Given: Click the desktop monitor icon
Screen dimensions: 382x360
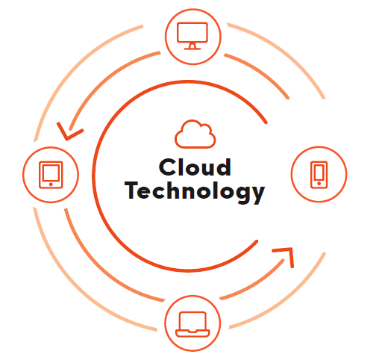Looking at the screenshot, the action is click(x=192, y=36).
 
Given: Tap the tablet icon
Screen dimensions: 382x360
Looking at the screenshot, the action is click(x=51, y=175).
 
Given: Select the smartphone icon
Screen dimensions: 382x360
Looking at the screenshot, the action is click(x=319, y=175).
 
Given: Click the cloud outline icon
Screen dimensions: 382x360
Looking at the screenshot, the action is click(x=195, y=134).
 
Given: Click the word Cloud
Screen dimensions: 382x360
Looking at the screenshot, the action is click(x=195, y=167).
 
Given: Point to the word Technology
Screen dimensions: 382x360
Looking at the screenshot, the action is click(x=195, y=191).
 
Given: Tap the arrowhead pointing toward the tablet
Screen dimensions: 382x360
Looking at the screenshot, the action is click(x=69, y=131).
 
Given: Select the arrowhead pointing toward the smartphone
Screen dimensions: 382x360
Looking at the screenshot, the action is click(x=285, y=256).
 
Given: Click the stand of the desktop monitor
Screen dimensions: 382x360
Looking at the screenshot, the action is click(x=192, y=46).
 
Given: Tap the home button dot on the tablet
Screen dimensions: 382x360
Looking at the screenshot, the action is click(x=51, y=184).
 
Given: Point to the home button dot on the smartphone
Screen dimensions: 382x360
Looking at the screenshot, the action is click(x=319, y=184).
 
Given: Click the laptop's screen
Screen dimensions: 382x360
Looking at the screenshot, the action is click(x=192, y=320).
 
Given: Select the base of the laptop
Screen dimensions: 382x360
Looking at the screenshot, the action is click(x=192, y=333).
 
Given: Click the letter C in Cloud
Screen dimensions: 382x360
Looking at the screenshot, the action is click(x=167, y=167).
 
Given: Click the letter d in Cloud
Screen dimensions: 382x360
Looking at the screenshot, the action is click(x=222, y=167).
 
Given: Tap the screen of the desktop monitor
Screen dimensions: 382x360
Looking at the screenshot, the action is click(x=192, y=32).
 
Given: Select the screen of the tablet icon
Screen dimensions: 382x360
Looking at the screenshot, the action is click(x=51, y=172).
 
